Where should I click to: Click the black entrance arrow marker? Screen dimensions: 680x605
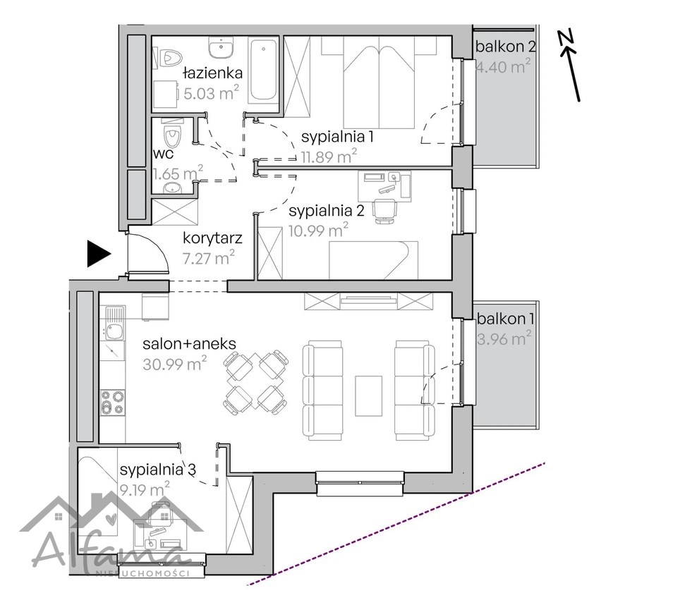[x=99, y=254]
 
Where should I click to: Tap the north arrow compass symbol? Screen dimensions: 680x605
[x=571, y=65]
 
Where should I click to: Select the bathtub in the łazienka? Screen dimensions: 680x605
[x=263, y=71]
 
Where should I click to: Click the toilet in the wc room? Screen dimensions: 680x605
[x=172, y=135]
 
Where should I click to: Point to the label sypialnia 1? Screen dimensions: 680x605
[x=337, y=137]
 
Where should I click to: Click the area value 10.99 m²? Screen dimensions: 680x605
[x=318, y=230]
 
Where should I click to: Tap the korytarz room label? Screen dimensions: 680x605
[x=212, y=238]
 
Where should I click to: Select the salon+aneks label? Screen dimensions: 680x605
[x=190, y=343]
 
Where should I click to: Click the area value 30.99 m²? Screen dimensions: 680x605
[x=174, y=363]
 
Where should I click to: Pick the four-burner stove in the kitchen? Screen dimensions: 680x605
[x=113, y=403]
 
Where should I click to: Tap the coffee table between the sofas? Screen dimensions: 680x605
[x=369, y=396]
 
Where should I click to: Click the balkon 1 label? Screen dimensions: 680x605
[x=505, y=319]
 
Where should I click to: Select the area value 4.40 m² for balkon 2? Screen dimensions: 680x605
[x=504, y=67]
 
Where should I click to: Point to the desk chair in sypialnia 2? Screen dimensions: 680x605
[x=384, y=211]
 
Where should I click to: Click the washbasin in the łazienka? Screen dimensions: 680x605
[x=221, y=47]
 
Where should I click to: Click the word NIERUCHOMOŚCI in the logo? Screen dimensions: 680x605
[x=142, y=574]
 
